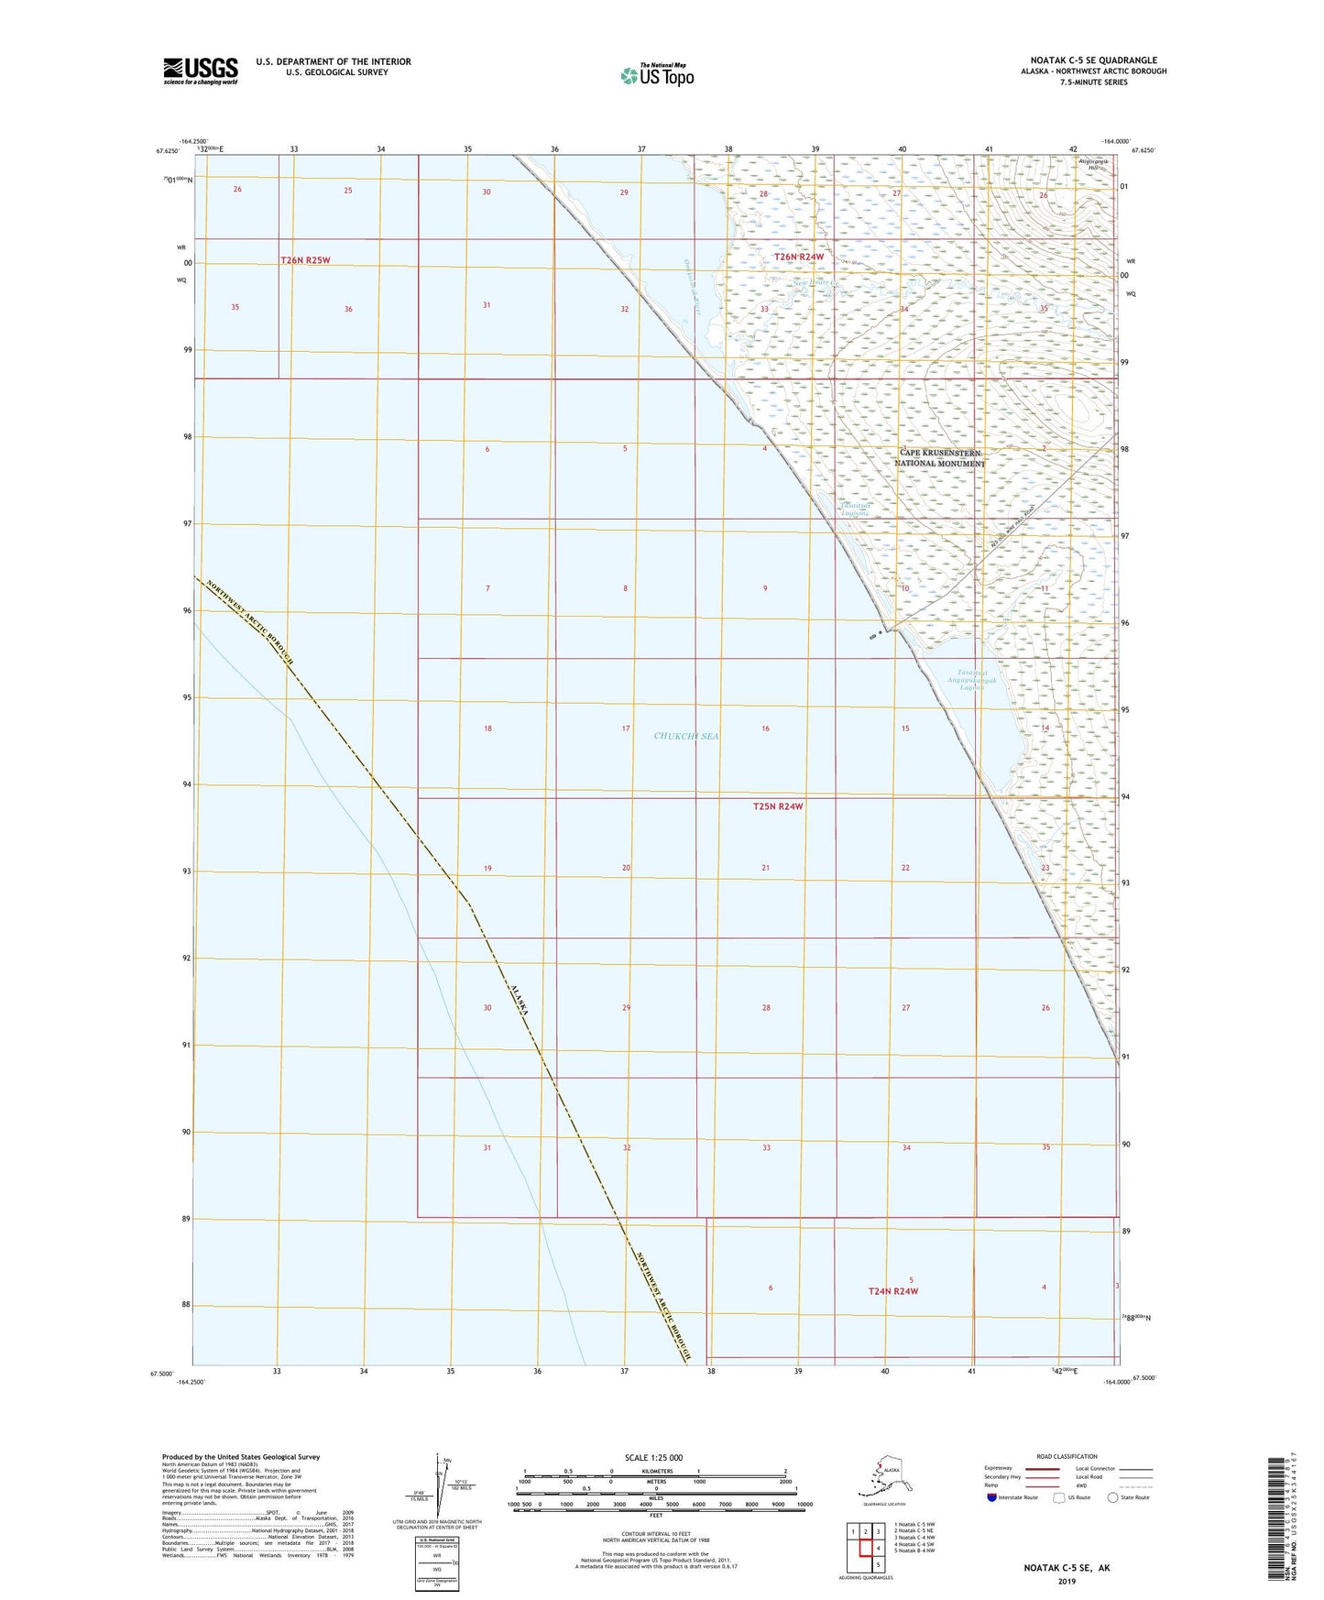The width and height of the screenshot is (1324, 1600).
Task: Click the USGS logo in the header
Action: [200, 71]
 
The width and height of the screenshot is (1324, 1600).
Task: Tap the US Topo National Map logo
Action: [656, 75]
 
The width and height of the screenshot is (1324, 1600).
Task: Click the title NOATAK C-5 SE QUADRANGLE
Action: [1093, 60]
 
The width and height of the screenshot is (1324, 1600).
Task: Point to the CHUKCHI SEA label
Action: [686, 736]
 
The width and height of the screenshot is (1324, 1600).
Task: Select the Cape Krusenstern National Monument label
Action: [939, 458]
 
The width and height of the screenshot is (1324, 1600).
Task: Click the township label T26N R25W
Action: [305, 260]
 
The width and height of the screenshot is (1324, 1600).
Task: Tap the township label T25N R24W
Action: [778, 806]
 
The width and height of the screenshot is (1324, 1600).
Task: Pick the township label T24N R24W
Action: [892, 1291]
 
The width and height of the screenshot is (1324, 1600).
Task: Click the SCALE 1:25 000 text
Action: [653, 1457]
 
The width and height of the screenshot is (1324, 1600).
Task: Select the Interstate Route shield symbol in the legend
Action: [992, 1497]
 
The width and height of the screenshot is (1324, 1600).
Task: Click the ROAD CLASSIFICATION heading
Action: [1066, 1456]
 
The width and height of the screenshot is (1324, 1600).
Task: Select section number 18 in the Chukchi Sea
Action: [487, 729]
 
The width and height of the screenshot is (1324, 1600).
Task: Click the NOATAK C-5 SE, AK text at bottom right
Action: [1067, 1568]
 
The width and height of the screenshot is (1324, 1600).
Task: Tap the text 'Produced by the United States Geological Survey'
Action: [241, 1456]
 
